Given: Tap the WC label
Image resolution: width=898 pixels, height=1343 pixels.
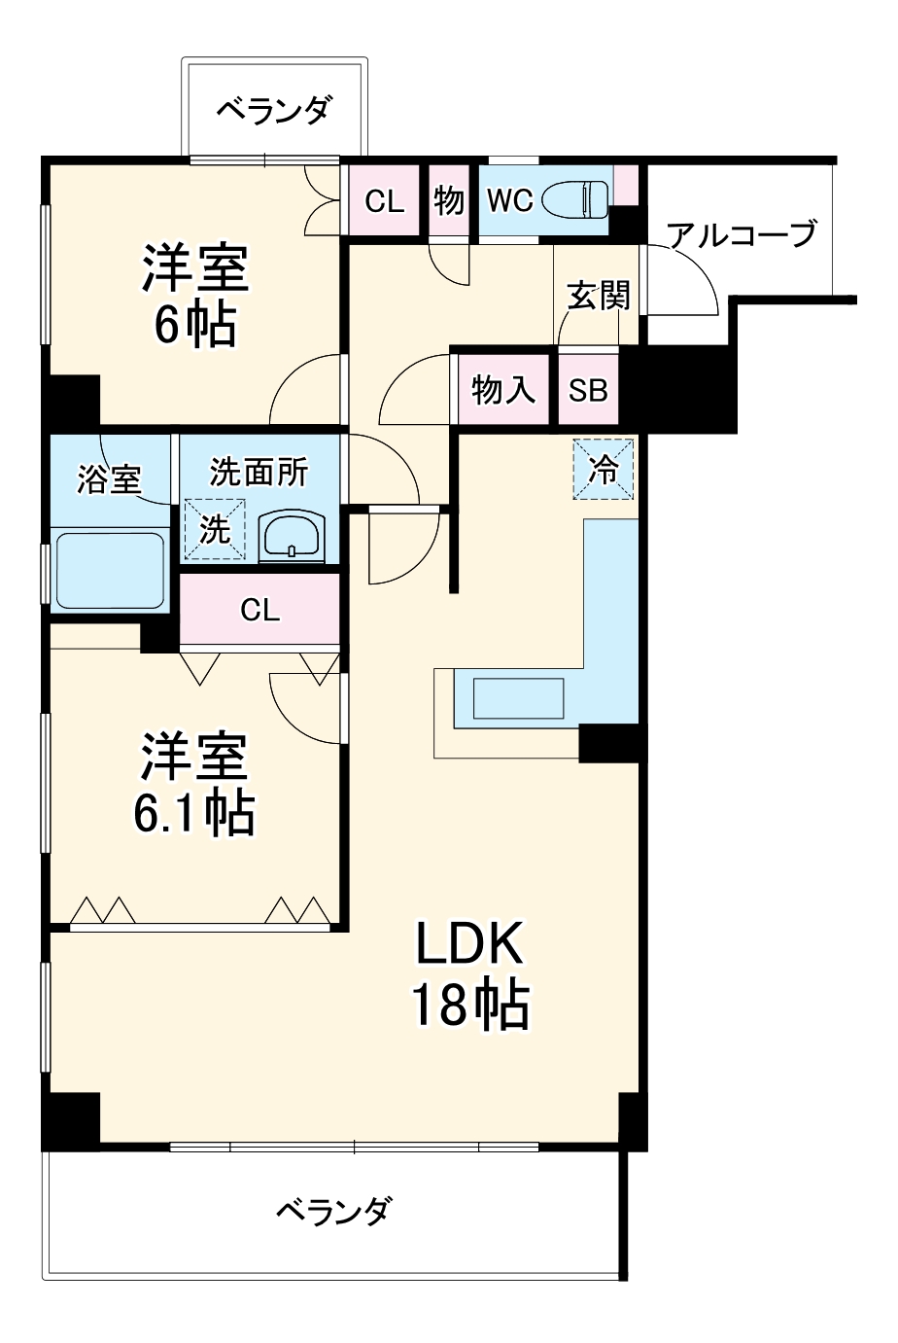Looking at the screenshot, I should (x=509, y=200).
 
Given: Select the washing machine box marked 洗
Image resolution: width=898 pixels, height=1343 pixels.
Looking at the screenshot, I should (x=215, y=529).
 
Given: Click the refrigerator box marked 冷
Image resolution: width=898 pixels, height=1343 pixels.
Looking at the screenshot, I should (x=604, y=470).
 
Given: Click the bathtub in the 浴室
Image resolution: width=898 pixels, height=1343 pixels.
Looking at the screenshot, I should (x=109, y=569).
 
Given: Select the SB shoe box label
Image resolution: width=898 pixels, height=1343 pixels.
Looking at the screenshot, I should (x=588, y=390).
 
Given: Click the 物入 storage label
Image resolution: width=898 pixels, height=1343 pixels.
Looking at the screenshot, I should (x=502, y=390).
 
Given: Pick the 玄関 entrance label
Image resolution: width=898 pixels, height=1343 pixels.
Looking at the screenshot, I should (x=598, y=296).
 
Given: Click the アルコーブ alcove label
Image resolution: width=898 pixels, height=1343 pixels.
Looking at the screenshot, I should (x=742, y=234).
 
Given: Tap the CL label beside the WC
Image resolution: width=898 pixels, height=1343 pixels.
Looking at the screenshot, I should (x=384, y=201).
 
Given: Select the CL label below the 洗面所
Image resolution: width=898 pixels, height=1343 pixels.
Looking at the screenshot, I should (x=259, y=610).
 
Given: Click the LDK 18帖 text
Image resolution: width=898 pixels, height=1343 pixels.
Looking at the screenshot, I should (x=470, y=973).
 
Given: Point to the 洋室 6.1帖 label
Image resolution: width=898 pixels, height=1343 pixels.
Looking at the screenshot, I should (x=194, y=784).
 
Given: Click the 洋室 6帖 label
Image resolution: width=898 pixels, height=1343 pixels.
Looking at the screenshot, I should (x=194, y=297).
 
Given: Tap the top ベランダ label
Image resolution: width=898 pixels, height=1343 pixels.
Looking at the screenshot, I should (x=273, y=109).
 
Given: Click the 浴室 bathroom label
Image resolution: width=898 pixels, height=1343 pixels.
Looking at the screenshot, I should (x=109, y=478).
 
